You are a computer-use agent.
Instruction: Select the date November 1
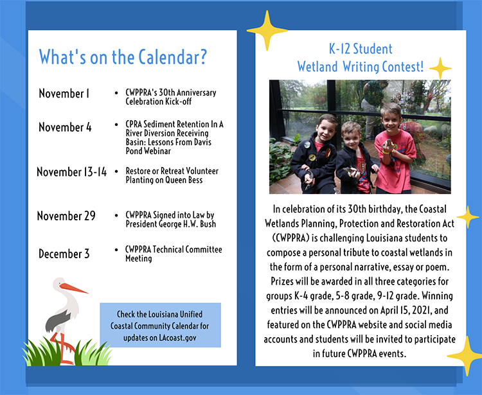[x=64, y=93]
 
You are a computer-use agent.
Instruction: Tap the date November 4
[x=65, y=127]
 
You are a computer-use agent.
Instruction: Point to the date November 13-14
[x=71, y=172]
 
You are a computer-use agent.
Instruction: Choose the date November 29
[x=66, y=216]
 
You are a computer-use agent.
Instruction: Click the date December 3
[x=64, y=254]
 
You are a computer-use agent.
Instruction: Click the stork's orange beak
[x=74, y=288]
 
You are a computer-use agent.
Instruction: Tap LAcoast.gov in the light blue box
[x=177, y=338]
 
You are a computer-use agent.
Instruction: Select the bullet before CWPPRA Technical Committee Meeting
[x=116, y=250]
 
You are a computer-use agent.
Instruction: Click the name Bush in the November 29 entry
[x=208, y=224]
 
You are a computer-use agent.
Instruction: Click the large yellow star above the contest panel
[x=267, y=30]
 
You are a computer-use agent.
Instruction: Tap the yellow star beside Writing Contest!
[x=440, y=68]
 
